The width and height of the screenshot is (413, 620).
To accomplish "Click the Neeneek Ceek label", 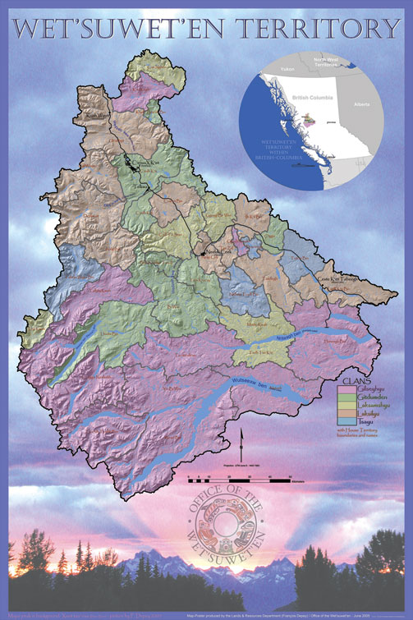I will (218, 251).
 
